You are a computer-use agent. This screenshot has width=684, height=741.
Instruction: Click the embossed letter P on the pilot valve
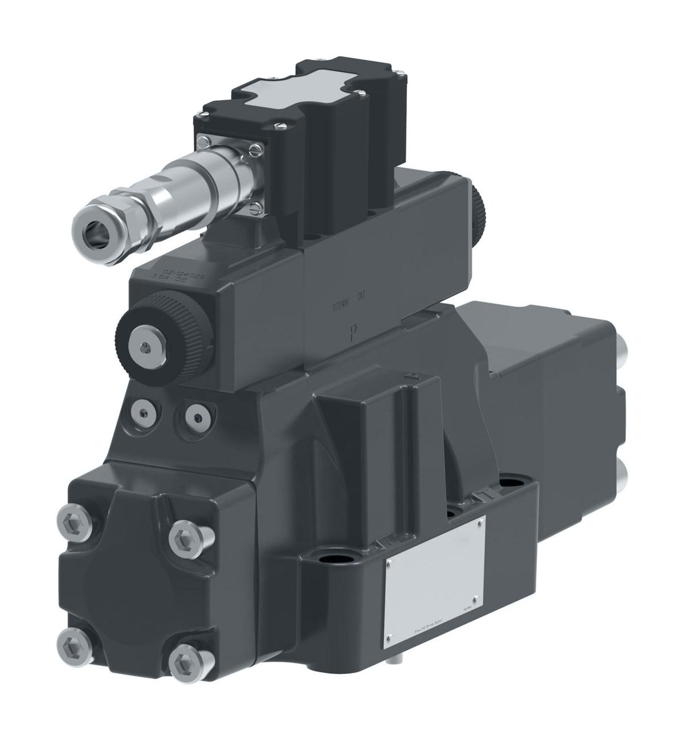point(354,330)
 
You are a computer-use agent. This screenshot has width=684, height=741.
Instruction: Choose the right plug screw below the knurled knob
point(197,417)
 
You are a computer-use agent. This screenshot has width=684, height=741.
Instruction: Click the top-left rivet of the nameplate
point(389,563)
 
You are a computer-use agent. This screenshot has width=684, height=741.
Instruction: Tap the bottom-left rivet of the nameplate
point(390,637)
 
